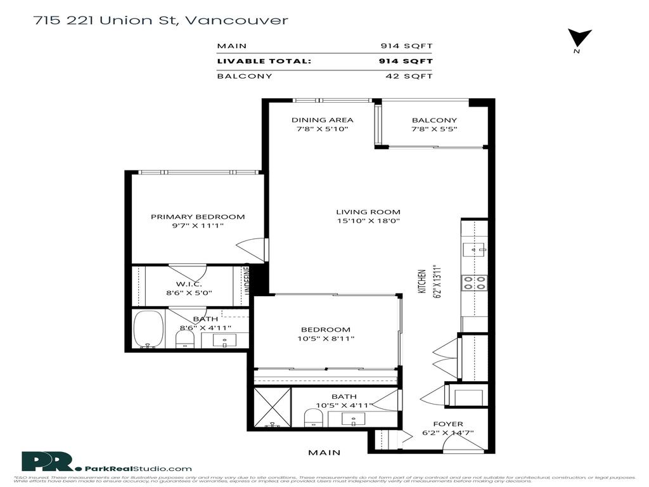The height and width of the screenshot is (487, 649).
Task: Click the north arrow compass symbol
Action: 579,39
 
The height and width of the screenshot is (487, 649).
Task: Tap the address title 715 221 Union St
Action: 161,20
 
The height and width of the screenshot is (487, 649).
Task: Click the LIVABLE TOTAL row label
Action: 264,62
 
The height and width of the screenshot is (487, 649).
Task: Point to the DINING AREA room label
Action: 322,120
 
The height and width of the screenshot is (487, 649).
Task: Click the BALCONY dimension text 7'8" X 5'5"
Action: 434,129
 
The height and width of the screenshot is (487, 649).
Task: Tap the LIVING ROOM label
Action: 368,212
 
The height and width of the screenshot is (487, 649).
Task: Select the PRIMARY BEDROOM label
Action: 198,217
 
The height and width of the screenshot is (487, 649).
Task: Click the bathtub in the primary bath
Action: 149,330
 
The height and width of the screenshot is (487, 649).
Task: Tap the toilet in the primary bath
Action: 183,339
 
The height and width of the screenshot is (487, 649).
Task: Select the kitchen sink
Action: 474,248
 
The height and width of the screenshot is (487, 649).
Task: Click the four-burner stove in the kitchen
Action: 474,282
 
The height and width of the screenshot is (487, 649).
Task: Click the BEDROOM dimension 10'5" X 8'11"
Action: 326,339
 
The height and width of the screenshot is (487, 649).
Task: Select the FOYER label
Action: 447,424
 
